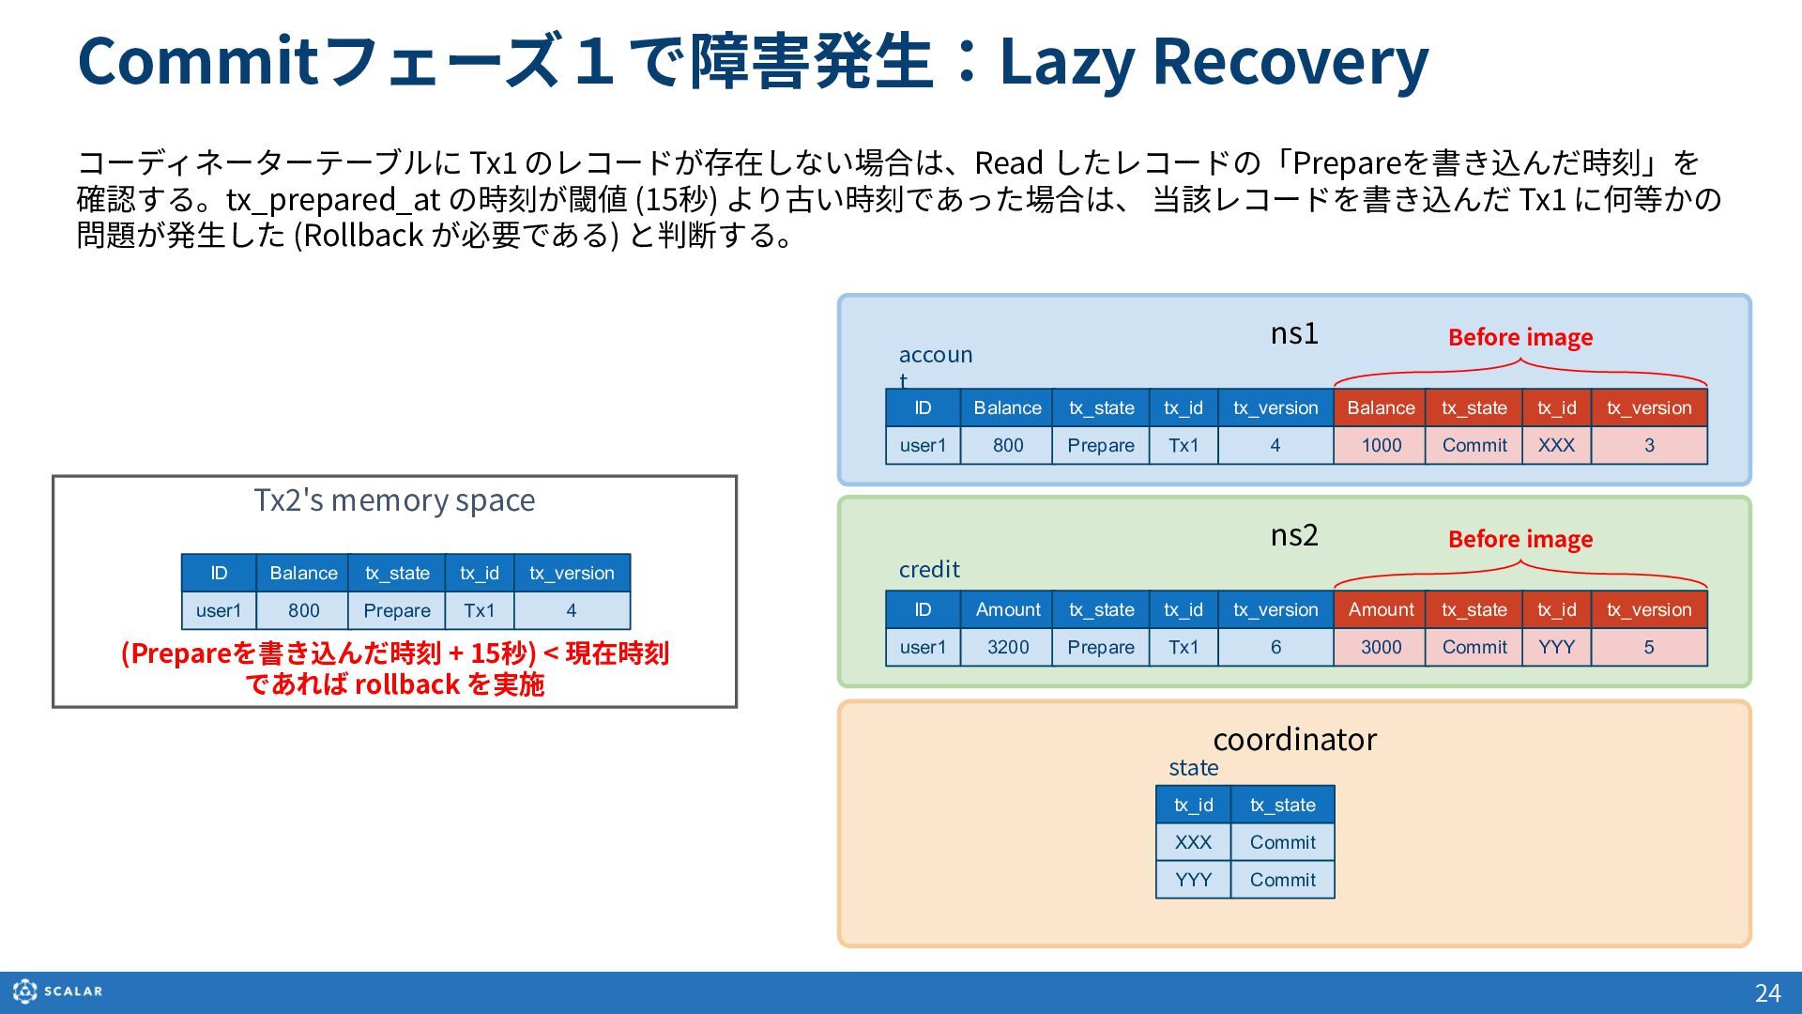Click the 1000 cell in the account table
[x=1380, y=445]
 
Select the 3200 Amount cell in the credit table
[x=1007, y=647]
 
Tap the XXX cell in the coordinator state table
[x=1193, y=842]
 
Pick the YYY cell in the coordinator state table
[x=1193, y=880]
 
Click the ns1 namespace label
[x=1294, y=333]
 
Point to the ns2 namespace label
[x=1294, y=535]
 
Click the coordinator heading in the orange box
[x=1295, y=740]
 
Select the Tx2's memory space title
[x=394, y=500]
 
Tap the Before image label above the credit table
[x=1520, y=539]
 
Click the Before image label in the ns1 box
[x=1520, y=337]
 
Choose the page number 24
[x=1767, y=993]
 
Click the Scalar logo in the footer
[x=58, y=991]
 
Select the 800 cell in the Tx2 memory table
[x=303, y=610]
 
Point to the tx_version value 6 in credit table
[x=1275, y=647]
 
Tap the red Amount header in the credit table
[x=1380, y=609]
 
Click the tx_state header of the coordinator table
[x=1282, y=805]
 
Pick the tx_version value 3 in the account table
[x=1649, y=445]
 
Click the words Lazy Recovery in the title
[x=1214, y=61]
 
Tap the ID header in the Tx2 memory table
[x=219, y=573]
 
